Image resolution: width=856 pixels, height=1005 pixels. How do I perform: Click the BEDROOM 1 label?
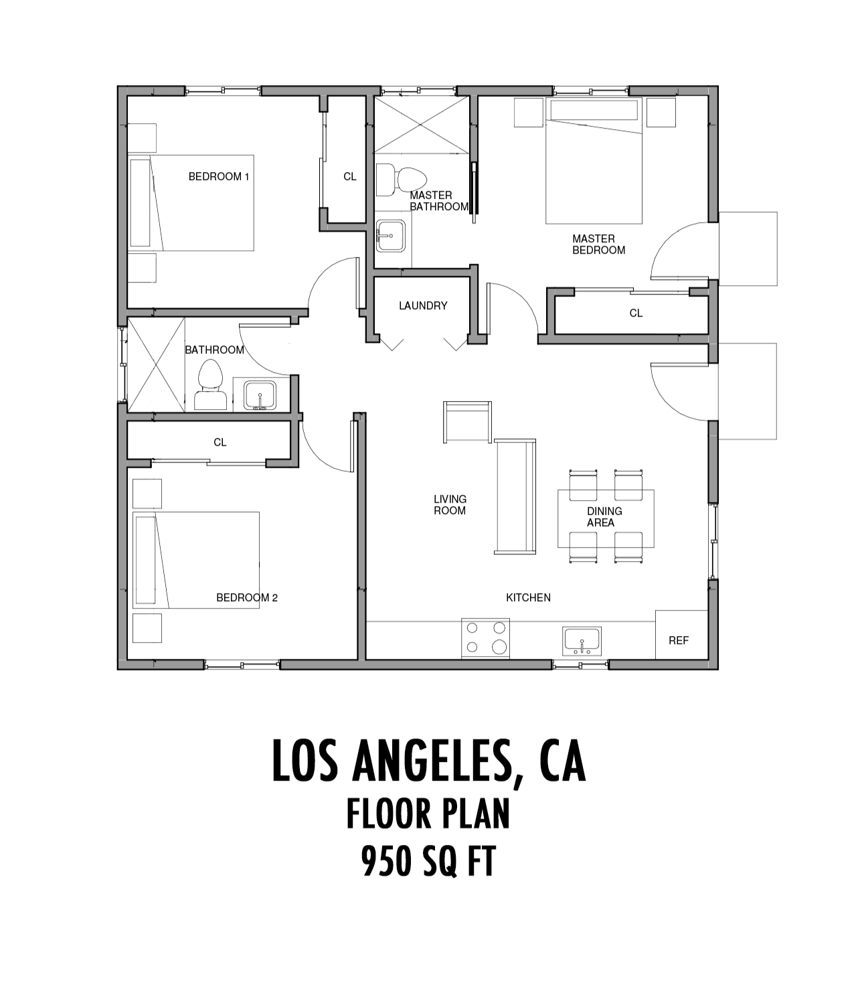219,177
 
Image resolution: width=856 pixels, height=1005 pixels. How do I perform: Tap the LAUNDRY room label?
423,306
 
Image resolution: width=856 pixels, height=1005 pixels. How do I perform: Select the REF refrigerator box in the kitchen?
681,634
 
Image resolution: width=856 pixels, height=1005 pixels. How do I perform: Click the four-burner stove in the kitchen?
486,638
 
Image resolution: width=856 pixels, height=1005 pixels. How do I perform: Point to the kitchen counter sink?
582,641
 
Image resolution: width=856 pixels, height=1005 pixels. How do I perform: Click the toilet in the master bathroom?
402,179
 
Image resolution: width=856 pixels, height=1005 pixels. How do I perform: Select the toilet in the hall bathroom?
210,384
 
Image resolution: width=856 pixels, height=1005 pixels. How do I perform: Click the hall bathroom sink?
260,395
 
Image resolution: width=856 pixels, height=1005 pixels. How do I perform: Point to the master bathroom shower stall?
421,125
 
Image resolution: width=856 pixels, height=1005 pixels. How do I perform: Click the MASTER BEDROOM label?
598,244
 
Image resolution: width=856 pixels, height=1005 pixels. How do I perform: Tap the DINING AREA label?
604,517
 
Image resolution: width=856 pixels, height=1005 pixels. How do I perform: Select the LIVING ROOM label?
450,505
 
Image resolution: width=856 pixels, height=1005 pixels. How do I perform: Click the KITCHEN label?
528,597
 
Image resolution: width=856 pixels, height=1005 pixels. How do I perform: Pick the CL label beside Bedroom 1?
350,177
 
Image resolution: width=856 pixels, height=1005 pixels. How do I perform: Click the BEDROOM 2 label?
247,597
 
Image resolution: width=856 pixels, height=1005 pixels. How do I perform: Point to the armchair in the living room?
467,422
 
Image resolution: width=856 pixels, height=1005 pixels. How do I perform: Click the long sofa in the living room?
515,496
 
